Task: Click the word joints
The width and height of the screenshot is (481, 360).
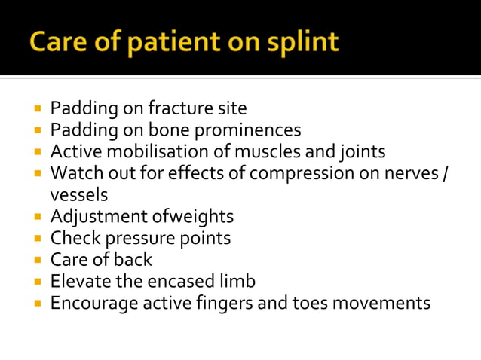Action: (x=360, y=151)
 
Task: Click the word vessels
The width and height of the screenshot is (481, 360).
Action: (x=79, y=194)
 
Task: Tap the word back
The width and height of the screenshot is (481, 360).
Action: (x=132, y=260)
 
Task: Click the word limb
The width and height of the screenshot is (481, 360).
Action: (x=237, y=282)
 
